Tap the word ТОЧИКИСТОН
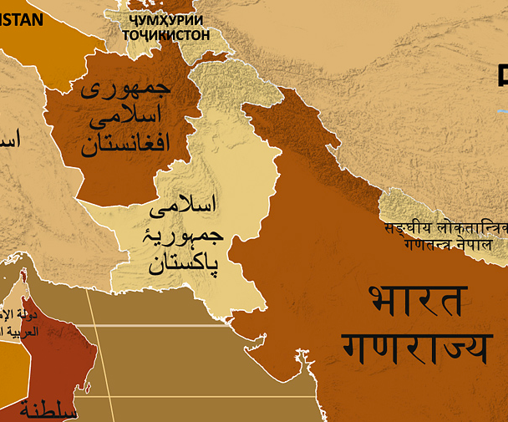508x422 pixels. tap(166, 35)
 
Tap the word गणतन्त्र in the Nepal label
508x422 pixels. tap(426, 246)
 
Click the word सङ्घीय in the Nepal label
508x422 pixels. tap(404, 227)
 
